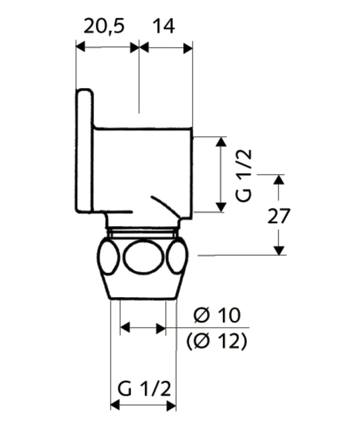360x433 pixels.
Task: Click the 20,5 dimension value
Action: pyautogui.click(x=104, y=27)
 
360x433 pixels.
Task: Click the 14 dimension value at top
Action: pyautogui.click(x=163, y=27)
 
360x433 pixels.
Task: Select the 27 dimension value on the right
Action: pyautogui.click(x=279, y=216)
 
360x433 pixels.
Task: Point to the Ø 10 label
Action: pyautogui.click(x=217, y=315)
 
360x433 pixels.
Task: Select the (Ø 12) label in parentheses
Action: pyautogui.click(x=217, y=342)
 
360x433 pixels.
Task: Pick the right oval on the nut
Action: pyautogui.click(x=177, y=257)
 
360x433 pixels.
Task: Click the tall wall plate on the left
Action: pyautogui.click(x=84, y=150)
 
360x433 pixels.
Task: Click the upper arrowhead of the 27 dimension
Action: pyautogui.click(x=279, y=180)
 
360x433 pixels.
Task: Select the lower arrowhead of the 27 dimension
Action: pyautogui.click(x=279, y=250)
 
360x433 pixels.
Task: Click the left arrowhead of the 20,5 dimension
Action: pyautogui.click(x=80, y=47)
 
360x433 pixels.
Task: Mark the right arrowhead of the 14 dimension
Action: pyautogui.click(x=188, y=48)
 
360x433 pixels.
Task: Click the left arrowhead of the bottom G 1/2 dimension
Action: pyautogui.click(x=115, y=405)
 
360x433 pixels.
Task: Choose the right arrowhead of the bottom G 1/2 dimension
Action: pyautogui.click(x=171, y=406)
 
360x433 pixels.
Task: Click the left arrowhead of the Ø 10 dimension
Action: pyautogui.click(x=125, y=327)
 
